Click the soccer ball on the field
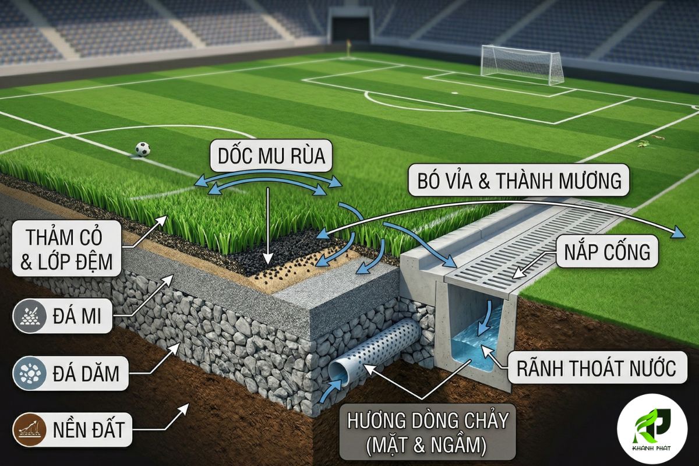[x=143, y=149]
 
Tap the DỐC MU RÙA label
[x=271, y=156]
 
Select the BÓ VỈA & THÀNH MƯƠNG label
[x=519, y=181]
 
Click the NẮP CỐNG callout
[x=607, y=252]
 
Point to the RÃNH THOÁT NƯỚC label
[x=597, y=368]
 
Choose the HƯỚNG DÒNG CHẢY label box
[x=428, y=432]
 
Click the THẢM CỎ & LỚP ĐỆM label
[x=66, y=249]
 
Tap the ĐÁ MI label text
[x=77, y=316]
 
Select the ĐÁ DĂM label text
[x=86, y=373]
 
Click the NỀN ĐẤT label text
[x=89, y=429]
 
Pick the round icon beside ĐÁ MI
[x=30, y=316]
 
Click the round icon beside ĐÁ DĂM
[x=30, y=373]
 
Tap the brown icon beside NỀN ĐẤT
[x=30, y=429]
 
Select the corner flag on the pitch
[x=348, y=47]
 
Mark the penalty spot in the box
[x=455, y=93]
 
